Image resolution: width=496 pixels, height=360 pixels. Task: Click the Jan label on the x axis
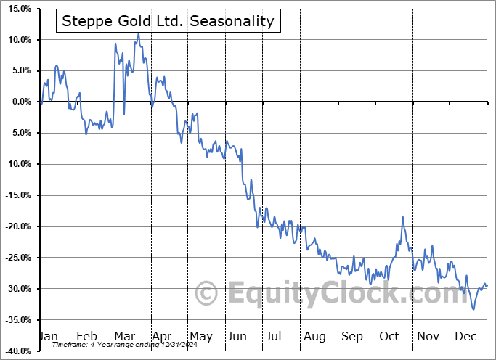pos(48,337)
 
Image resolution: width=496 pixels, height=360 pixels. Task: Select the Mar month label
pos(123,337)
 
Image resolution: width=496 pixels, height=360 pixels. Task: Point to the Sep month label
pos(352,337)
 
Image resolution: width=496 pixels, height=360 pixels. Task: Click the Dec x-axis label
pos(466,337)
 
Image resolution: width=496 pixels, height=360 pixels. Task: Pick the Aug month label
pos(314,337)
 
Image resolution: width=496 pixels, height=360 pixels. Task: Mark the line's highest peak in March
pos(139,34)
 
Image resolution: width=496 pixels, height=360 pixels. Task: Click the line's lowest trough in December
pos(474,309)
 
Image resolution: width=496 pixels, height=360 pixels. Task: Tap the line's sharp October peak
pos(402,217)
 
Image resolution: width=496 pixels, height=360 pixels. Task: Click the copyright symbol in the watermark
pos(207,294)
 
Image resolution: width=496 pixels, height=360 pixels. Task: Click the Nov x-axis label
pos(428,337)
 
